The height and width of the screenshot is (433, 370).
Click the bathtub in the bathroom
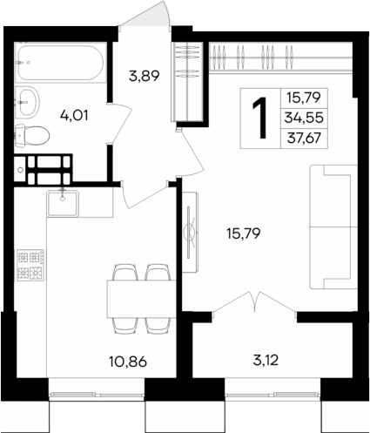pos(59,63)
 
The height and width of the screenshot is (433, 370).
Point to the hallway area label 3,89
pos(144,76)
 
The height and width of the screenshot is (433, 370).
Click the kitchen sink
pos(63,202)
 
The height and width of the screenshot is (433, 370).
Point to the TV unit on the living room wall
pos(188,235)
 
